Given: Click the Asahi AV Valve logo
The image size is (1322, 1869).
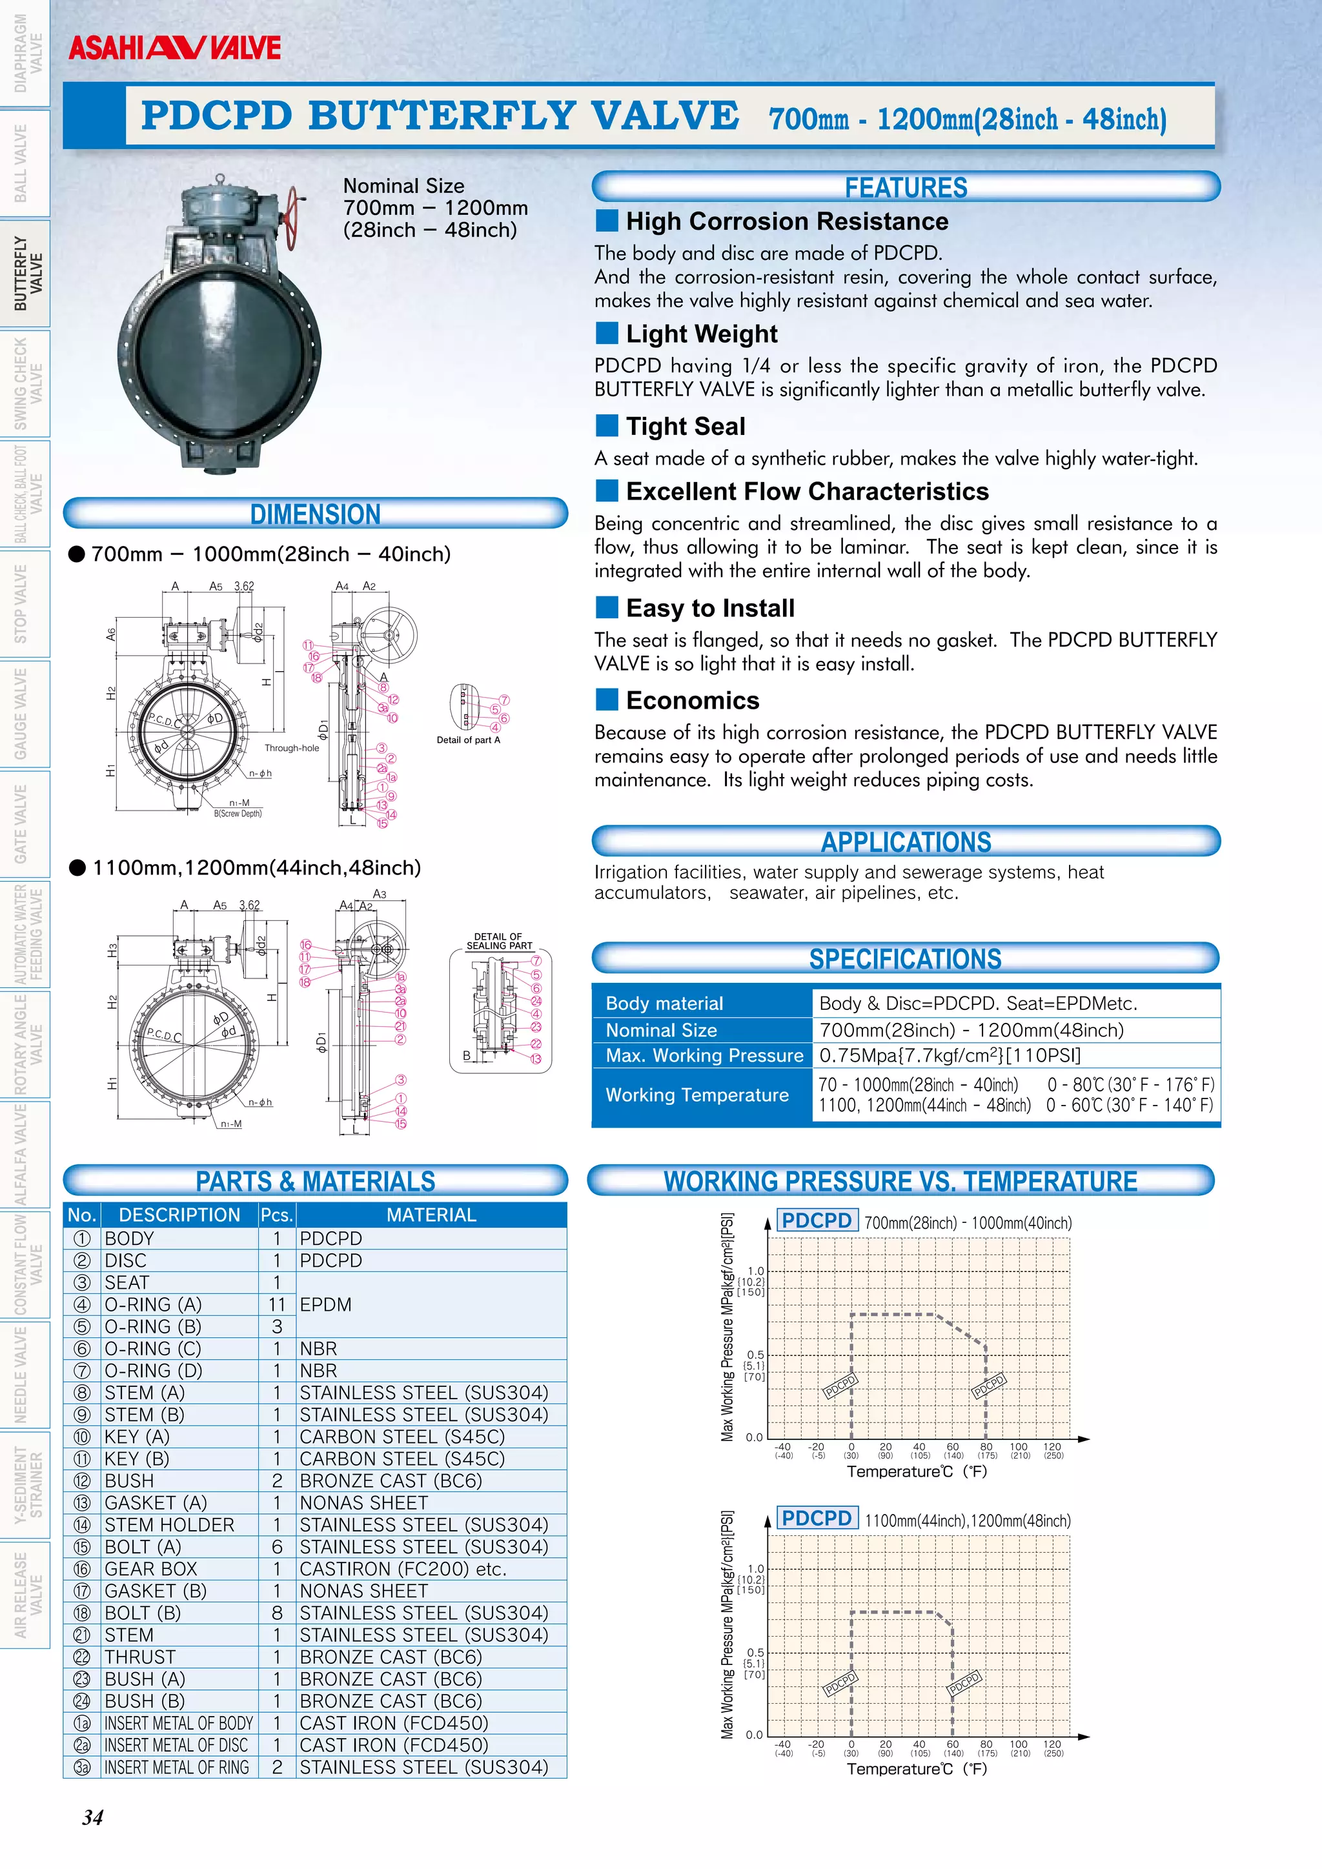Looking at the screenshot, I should point(174,48).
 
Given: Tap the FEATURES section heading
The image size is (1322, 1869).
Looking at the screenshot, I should point(905,187).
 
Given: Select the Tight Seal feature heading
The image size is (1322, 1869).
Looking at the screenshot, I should point(686,427).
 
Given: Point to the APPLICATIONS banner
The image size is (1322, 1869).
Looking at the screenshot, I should point(905,842).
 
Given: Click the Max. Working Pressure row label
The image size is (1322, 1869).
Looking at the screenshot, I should point(704,1056).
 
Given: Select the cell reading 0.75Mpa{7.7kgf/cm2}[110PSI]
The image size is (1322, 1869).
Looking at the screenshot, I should point(950,1056).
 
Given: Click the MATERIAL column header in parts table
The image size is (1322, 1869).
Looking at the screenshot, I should point(431,1215).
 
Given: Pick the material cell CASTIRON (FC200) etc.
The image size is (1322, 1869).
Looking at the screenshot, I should point(403,1569).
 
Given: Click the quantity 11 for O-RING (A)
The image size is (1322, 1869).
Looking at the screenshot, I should point(277,1305).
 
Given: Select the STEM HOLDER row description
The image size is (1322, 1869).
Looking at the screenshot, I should point(169,1524).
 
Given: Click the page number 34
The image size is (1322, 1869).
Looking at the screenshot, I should point(93,1818).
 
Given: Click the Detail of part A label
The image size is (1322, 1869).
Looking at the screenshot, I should point(468,740).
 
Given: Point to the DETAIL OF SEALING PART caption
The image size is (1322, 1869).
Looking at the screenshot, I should point(499,941).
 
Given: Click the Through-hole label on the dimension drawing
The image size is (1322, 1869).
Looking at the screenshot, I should point(291,748).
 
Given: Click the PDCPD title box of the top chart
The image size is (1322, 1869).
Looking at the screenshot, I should point(817,1220).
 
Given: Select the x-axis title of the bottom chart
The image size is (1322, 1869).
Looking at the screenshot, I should point(916,1769).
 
